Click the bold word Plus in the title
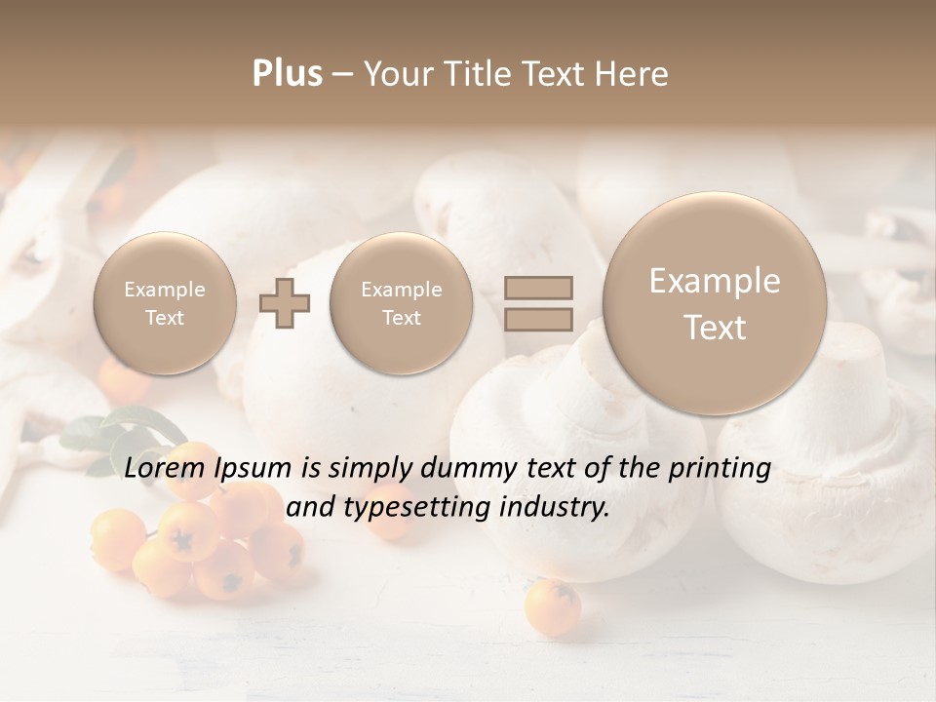(x=287, y=74)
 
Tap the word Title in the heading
(x=479, y=74)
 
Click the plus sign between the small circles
(x=285, y=302)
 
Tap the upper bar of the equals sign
(x=538, y=288)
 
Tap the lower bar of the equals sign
(x=538, y=318)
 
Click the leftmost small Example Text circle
(x=165, y=302)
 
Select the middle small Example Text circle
(x=402, y=302)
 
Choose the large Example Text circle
(x=715, y=303)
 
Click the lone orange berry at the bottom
(x=552, y=606)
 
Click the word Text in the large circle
(x=715, y=328)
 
